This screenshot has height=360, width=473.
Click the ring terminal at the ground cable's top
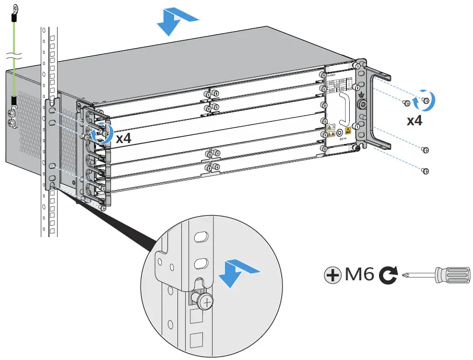click(x=15, y=8)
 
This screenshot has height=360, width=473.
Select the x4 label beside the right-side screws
click(x=414, y=120)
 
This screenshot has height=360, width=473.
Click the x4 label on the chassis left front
click(x=123, y=138)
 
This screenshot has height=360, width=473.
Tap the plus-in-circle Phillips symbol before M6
click(x=332, y=276)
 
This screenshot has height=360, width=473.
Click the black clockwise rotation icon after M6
click(x=387, y=276)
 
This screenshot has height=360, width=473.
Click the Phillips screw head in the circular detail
click(x=205, y=301)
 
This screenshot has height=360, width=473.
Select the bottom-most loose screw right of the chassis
click(x=424, y=170)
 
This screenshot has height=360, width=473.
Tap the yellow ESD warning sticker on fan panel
click(x=348, y=130)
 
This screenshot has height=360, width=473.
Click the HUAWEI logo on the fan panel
click(x=332, y=74)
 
